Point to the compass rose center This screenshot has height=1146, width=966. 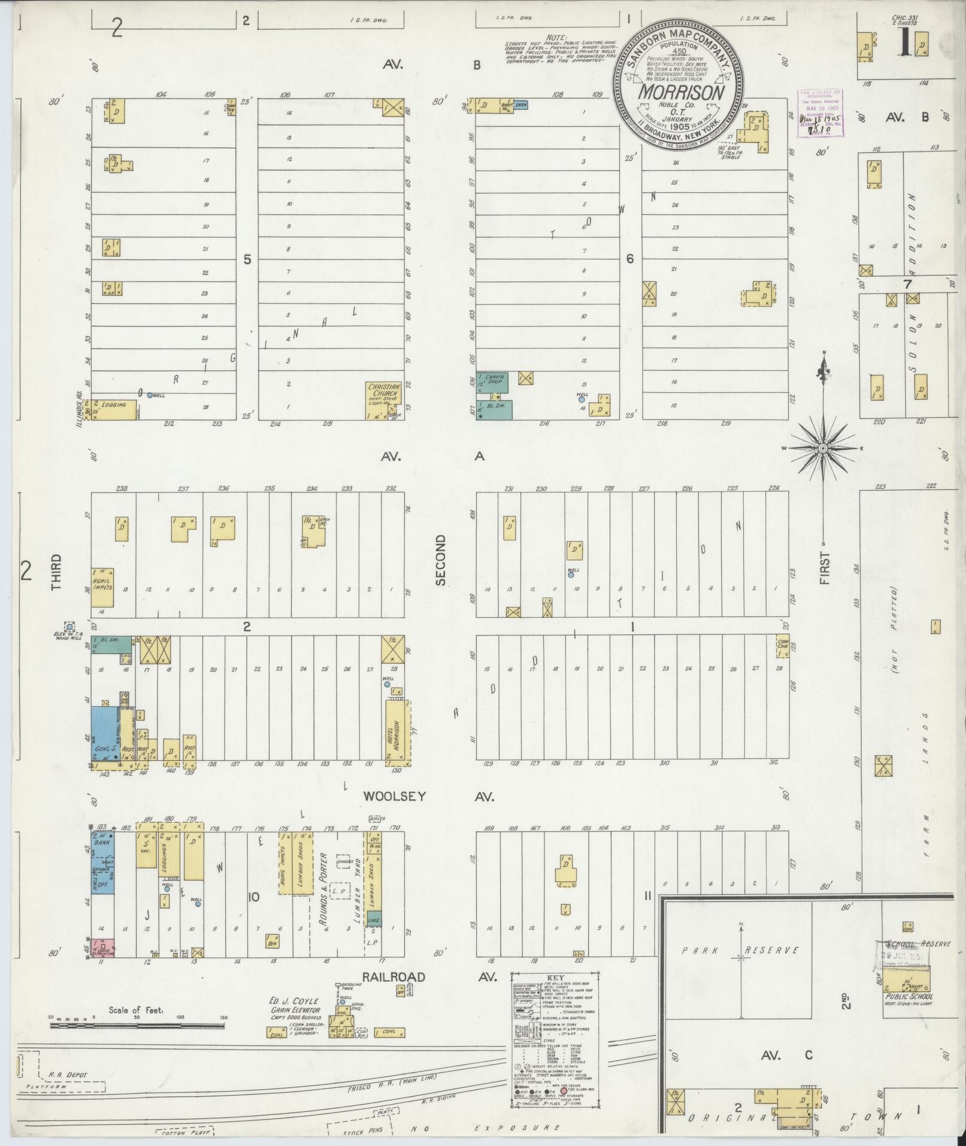823,447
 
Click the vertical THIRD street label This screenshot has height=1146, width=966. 57,572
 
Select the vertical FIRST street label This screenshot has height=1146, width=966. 825,568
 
